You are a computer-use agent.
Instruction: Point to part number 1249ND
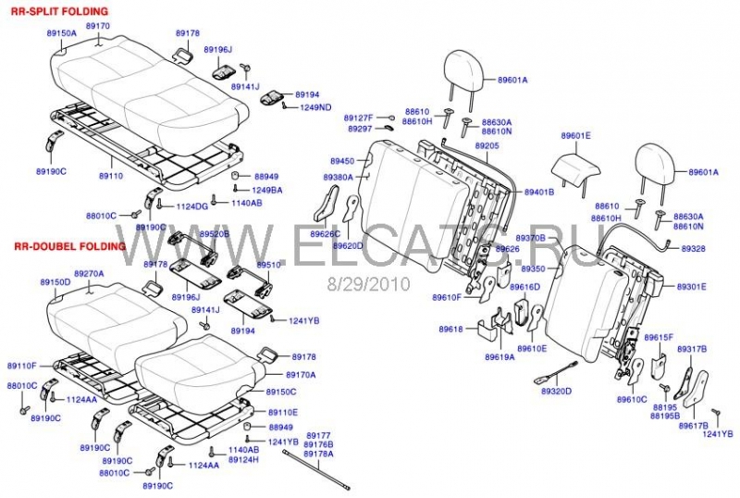coord(316,107)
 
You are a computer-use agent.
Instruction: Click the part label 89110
coord(111,175)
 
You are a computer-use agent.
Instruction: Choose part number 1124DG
coord(191,205)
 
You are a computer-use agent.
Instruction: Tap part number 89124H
coord(243,459)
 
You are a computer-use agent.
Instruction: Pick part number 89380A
coord(339,177)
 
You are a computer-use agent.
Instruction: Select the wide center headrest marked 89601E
coord(577,164)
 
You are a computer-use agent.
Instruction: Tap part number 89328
coord(693,249)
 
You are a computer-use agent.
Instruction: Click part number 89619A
coord(499,356)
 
